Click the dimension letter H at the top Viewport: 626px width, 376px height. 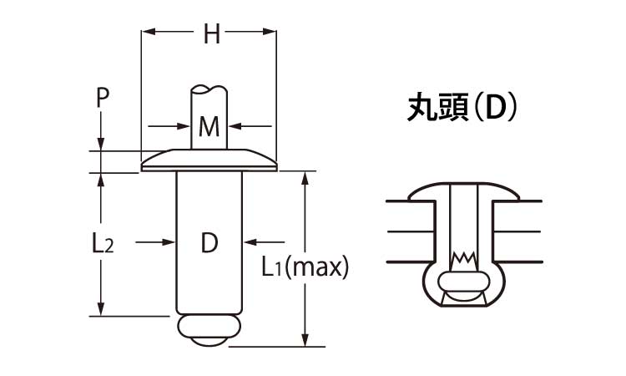(212, 34)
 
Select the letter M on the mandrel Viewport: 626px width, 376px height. (209, 128)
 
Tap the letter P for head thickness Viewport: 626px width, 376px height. (102, 98)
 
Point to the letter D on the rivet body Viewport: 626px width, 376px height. (210, 243)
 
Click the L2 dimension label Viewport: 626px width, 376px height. (102, 243)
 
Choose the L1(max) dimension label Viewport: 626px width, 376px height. (304, 267)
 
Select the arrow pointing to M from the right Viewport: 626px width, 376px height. (236, 127)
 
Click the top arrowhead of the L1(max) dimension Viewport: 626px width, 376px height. (307, 178)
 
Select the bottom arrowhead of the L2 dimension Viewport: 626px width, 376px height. (102, 310)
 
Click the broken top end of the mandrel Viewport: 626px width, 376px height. (209, 89)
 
